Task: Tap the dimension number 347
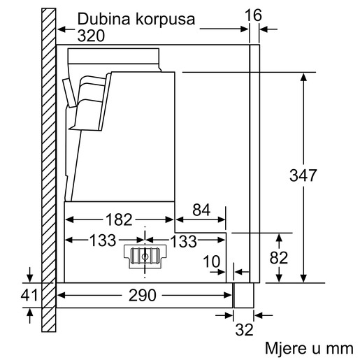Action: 303,175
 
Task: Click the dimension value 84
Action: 201,209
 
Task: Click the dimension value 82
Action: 278,257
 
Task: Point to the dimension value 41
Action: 28,296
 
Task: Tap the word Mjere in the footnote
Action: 282,347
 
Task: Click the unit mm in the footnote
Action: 342,347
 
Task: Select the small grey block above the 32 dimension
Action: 243,294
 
